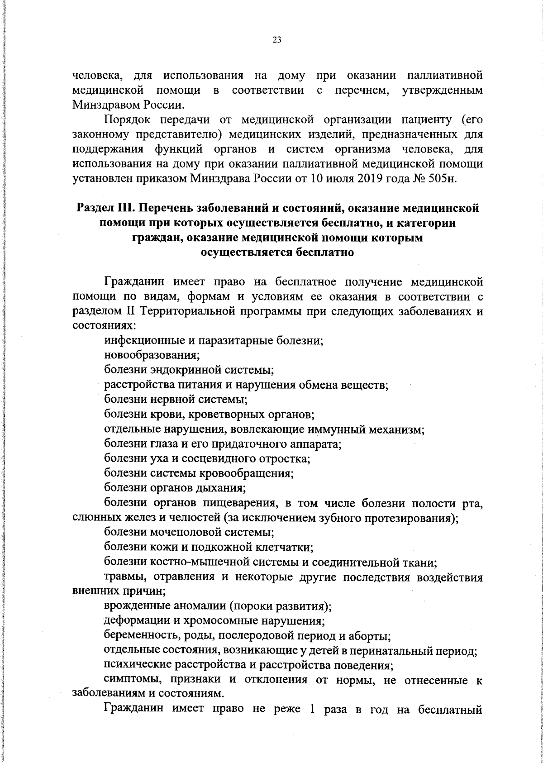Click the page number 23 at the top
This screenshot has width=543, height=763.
point(277,40)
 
